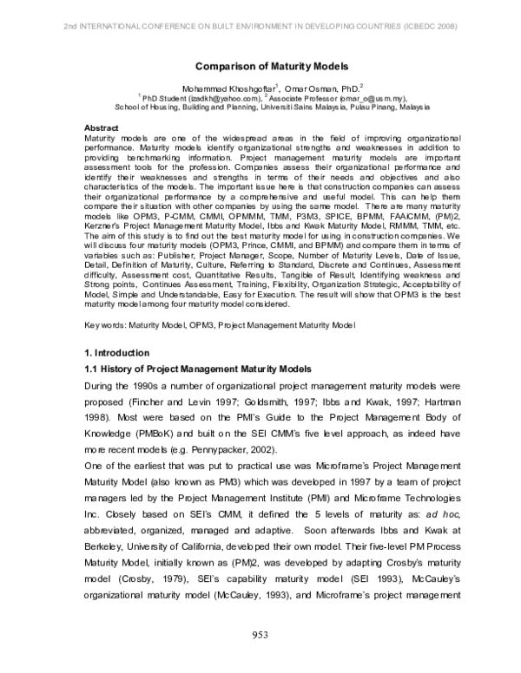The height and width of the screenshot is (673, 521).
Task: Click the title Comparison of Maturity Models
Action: (x=259, y=65)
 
